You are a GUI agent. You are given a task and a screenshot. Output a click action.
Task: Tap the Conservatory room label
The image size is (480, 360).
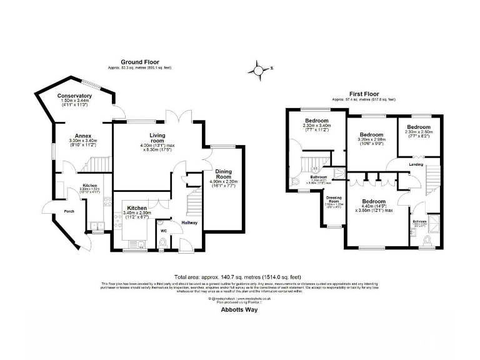coord(74,96)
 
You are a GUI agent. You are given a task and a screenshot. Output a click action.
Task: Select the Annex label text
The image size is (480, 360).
coord(83,136)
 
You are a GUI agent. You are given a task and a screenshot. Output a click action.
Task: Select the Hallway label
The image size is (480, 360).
coord(189,222)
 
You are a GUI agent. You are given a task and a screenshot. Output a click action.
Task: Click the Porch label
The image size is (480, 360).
coord(69,211)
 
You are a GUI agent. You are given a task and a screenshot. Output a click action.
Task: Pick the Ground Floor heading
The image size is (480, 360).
coord(139,62)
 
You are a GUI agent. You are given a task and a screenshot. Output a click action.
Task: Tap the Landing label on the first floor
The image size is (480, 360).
coord(416,165)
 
